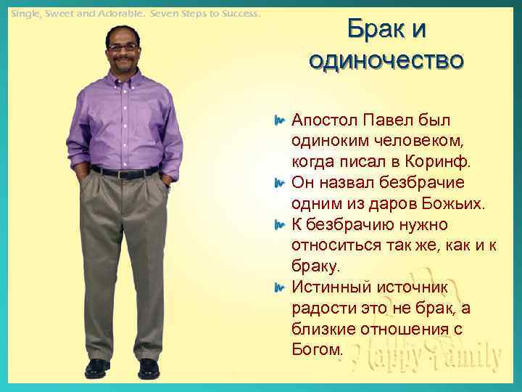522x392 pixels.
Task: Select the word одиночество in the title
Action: (x=386, y=60)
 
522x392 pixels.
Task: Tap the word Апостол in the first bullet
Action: (x=323, y=118)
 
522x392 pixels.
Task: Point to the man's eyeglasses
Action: (x=124, y=46)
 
